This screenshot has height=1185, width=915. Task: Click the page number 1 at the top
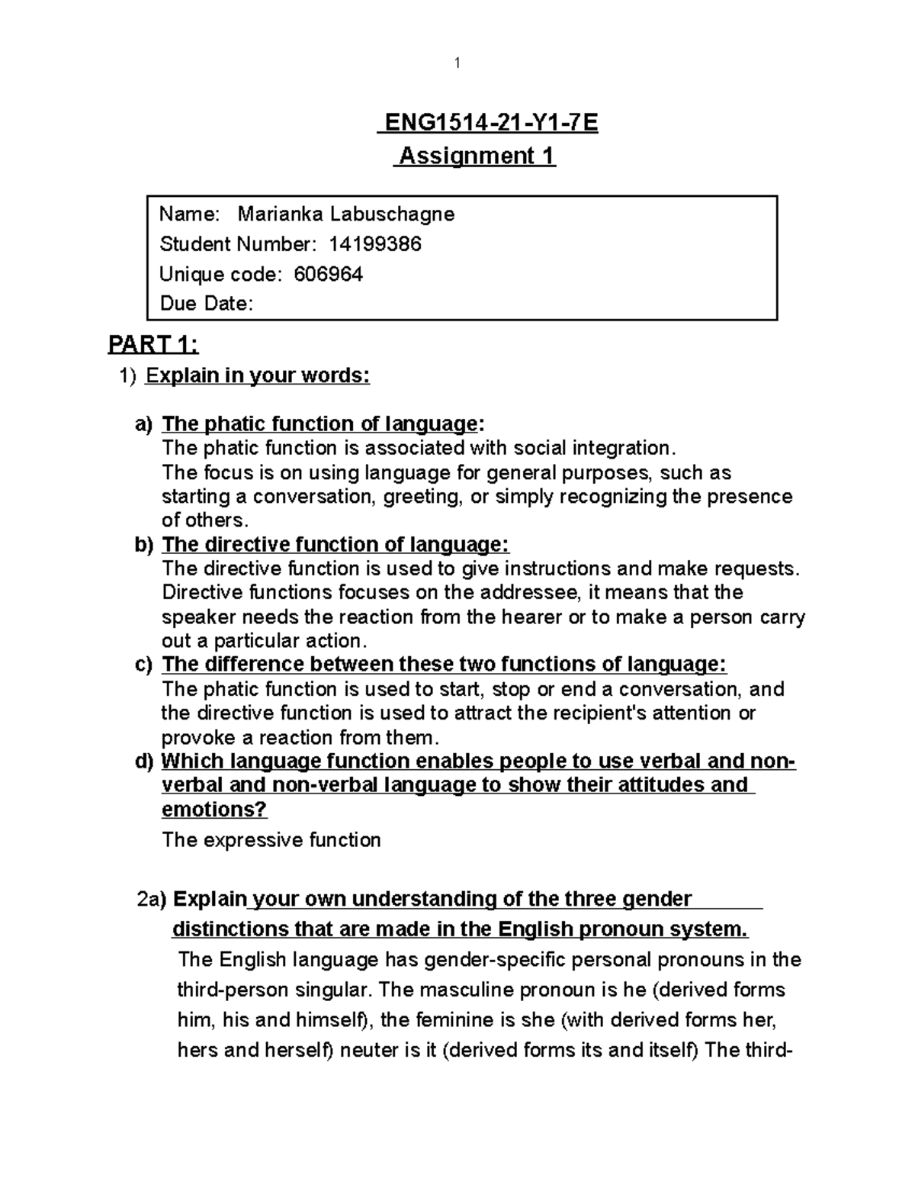[457, 63]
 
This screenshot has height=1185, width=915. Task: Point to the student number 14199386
[375, 244]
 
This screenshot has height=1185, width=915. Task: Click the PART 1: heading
[153, 346]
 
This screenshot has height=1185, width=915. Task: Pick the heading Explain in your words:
[258, 376]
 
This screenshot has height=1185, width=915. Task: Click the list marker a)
[144, 424]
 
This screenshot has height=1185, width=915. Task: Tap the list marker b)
[144, 545]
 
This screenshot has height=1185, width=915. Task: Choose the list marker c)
[144, 665]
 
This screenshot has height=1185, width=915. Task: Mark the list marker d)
[144, 762]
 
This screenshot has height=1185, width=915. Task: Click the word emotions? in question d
[215, 809]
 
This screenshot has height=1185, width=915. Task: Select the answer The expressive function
[271, 840]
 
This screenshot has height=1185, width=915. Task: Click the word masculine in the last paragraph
[477, 990]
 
